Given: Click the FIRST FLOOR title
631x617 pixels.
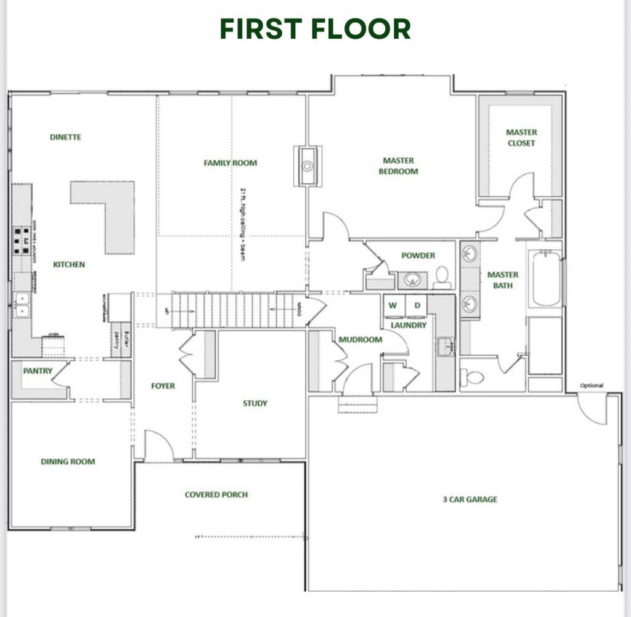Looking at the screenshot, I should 315,29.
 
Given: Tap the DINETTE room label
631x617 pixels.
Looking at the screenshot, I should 65,137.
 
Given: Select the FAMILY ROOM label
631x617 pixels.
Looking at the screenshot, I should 230,163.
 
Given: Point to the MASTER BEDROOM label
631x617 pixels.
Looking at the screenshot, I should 398,166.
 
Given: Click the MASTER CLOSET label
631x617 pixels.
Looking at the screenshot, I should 521,137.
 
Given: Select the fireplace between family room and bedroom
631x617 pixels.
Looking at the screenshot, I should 307,165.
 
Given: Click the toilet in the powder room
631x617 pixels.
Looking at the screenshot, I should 442,278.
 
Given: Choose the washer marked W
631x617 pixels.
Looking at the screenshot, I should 393,306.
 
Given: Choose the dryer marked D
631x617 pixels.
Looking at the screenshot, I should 417,306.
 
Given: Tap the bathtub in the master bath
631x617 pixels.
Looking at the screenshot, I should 546,280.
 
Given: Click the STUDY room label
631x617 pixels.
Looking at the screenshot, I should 254,403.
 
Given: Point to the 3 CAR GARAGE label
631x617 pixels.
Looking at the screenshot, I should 470,499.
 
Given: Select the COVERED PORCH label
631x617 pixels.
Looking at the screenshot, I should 216,494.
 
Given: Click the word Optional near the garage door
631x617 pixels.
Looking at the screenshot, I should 592,386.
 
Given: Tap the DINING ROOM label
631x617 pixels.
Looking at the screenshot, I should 68,461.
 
